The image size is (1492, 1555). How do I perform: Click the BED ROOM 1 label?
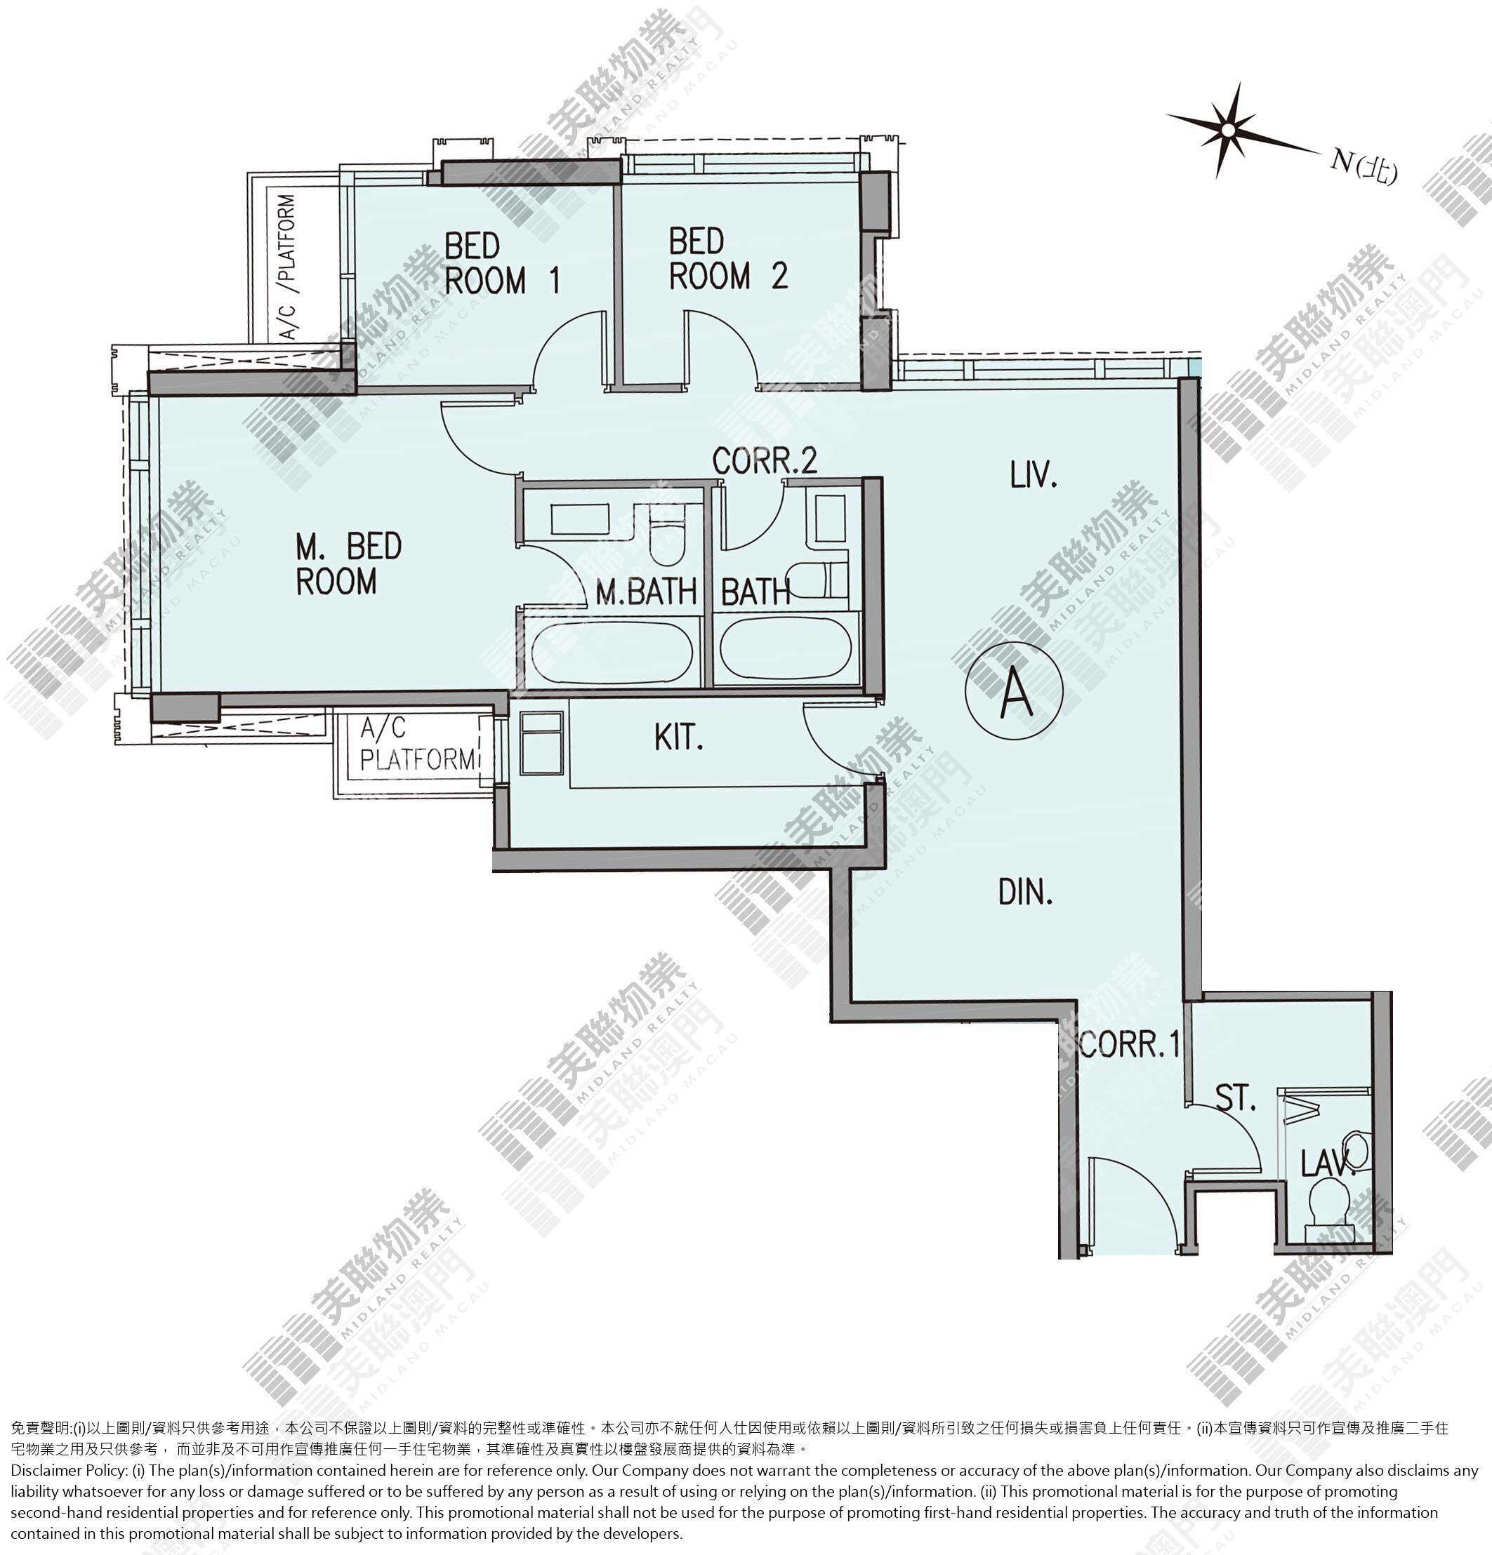[x=502, y=262]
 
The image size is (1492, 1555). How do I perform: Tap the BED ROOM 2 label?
[x=729, y=260]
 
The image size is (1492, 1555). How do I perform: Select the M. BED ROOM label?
[x=348, y=563]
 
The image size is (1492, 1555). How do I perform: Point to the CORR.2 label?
[x=764, y=461]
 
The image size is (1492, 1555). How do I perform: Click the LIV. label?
[x=1034, y=475]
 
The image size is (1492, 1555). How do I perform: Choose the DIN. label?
[x=1025, y=892]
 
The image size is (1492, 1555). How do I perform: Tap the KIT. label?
[x=680, y=737]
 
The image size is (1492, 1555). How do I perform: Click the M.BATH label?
[x=646, y=592]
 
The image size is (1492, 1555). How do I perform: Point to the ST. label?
[x=1236, y=1099]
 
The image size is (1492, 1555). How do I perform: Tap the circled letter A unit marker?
[x=1015, y=690]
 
